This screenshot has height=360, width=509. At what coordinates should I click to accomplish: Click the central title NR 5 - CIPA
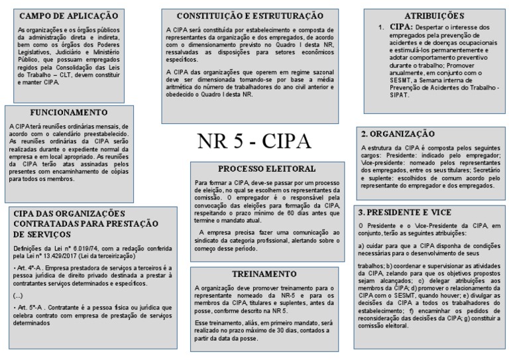point(254,141)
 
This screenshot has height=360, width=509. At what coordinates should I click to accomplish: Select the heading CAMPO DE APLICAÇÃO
point(68,15)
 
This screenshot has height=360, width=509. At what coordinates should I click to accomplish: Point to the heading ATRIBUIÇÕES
point(434,15)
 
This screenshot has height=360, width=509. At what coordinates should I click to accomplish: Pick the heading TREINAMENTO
point(246,274)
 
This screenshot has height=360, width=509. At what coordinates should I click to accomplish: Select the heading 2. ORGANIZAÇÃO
point(396,133)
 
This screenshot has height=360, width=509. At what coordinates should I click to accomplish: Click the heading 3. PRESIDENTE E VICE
point(404,213)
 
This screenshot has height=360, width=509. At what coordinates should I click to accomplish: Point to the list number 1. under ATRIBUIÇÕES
point(381,27)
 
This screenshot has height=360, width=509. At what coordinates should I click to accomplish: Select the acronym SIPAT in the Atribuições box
point(398,95)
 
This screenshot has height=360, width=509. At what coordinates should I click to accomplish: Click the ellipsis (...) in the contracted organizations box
point(18,295)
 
